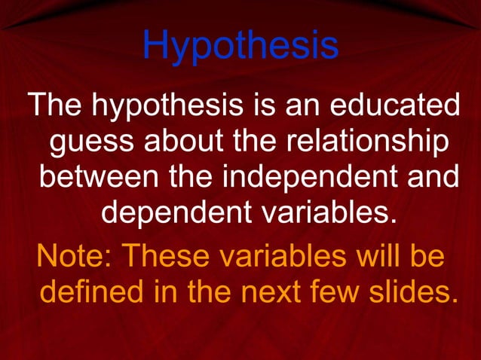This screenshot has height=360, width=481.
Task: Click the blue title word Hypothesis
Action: coord(240,47)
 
